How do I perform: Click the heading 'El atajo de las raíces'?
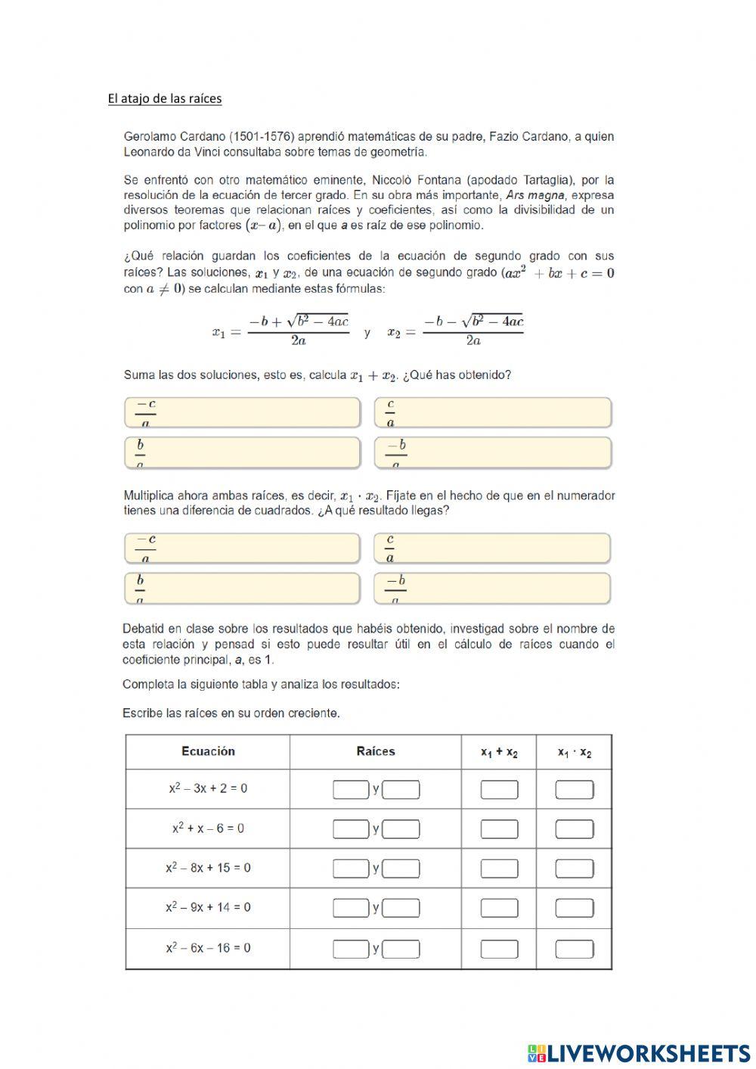click(x=165, y=98)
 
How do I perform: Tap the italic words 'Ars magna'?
click(x=534, y=195)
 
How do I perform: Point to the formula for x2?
click(x=455, y=331)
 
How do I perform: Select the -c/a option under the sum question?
click(x=242, y=413)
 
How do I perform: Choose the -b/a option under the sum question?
click(x=492, y=453)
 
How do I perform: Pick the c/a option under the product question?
click(x=492, y=548)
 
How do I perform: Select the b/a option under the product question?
click(x=242, y=589)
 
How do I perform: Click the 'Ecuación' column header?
click(x=208, y=751)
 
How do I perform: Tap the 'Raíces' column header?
click(x=376, y=751)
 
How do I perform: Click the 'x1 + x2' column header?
click(x=499, y=752)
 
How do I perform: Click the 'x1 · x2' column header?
click(x=575, y=752)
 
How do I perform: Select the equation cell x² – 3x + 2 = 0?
click(x=208, y=788)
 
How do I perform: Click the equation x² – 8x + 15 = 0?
click(x=208, y=868)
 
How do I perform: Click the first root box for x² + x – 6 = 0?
click(x=351, y=829)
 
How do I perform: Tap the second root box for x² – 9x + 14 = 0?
click(x=401, y=908)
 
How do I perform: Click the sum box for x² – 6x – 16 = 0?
click(x=499, y=949)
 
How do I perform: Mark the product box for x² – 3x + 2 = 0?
click(x=575, y=790)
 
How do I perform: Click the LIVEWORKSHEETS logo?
click(x=639, y=1052)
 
